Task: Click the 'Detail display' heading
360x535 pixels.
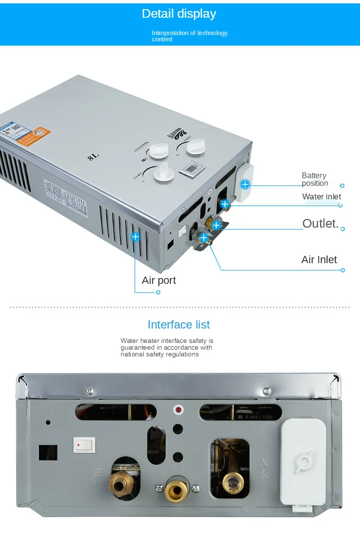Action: tap(179, 14)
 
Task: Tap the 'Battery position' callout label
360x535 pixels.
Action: tap(314, 180)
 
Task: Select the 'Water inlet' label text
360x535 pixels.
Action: tap(322, 196)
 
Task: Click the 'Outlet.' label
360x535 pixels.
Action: tap(321, 223)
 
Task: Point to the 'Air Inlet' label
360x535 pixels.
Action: tap(319, 260)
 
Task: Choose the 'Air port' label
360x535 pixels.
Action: tap(159, 280)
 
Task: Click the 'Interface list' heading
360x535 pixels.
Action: tap(179, 325)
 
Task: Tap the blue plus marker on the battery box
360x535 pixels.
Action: tap(245, 184)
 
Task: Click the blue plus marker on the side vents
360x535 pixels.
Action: tap(136, 236)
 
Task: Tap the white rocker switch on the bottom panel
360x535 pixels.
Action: tap(85, 445)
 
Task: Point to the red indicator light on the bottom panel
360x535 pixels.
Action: tap(178, 410)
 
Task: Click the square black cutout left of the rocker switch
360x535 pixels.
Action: tap(48, 452)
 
